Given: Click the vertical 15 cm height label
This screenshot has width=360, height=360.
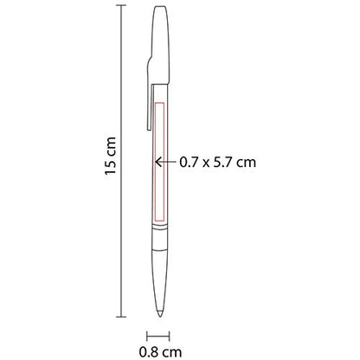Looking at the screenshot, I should click(x=109, y=160).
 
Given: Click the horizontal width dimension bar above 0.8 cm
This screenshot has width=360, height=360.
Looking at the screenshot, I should click(x=157, y=334).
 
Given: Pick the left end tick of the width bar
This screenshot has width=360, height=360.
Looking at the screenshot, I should click(x=146, y=334).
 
